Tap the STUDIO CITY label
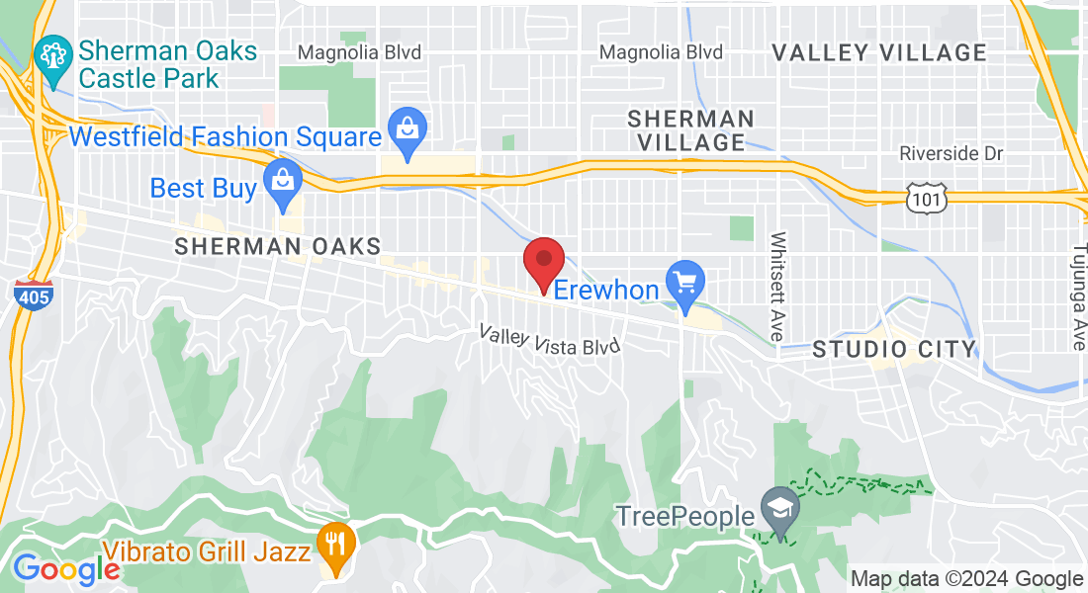coord(894,349)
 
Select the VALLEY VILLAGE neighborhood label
coord(879,52)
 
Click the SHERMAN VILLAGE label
coord(691,130)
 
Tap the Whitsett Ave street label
coord(778,288)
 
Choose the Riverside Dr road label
coord(951,154)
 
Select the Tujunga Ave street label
coord(1077,296)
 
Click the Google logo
coord(66,568)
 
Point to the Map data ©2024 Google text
coord(966,579)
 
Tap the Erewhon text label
coord(605,289)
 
